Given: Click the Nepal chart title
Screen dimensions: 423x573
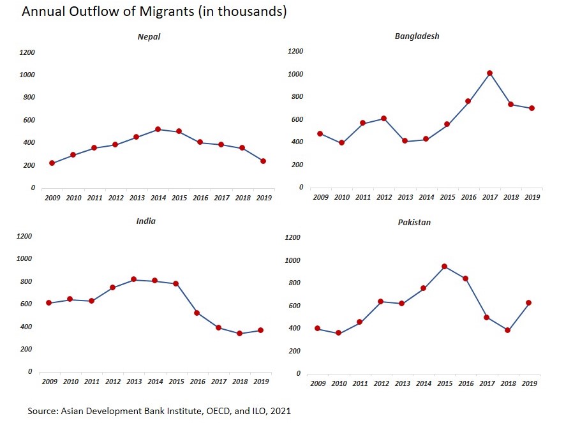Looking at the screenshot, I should coord(149,36).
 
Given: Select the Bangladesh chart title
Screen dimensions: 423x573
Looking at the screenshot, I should coord(417,36).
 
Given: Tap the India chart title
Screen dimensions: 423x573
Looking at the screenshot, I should coord(146,221).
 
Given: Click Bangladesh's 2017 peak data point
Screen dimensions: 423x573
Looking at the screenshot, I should coord(489,73).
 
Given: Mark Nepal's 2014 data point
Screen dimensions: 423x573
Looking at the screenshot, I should coord(157,130).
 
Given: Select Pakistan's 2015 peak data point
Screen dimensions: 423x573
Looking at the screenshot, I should coord(444,266).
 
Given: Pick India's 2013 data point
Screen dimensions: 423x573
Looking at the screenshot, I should coord(134,279).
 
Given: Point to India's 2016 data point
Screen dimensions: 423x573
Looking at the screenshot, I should coord(197,313).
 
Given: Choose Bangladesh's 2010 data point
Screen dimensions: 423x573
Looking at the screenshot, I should coord(341,142).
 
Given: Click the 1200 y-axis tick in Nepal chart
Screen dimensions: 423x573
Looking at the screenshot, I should coord(27,52).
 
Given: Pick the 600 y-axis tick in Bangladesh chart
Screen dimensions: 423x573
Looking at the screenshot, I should coord(295,119).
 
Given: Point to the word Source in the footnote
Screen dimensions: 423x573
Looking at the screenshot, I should coord(42,411).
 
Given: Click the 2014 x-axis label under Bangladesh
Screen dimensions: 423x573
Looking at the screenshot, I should coord(426,197).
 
